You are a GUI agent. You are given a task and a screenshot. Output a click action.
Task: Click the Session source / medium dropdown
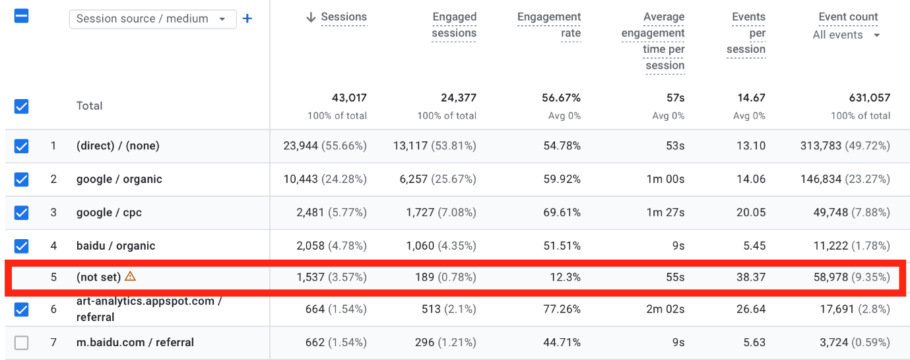pyautogui.click(x=152, y=19)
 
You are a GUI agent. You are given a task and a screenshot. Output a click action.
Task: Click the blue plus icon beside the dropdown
pyautogui.click(x=247, y=18)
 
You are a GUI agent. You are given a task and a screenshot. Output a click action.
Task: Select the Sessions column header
pyautogui.click(x=343, y=17)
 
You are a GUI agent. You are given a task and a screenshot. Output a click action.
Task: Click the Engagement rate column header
pyautogui.click(x=549, y=25)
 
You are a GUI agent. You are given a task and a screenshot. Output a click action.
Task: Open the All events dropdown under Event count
pyautogui.click(x=847, y=35)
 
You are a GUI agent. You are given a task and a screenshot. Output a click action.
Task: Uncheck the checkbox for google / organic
pyautogui.click(x=22, y=179)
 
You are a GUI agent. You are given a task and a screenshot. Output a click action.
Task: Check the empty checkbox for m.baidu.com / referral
pyautogui.click(x=22, y=343)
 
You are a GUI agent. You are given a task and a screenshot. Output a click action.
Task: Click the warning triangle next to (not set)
pyautogui.click(x=131, y=277)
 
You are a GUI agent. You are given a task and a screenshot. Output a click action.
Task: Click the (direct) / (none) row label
pyautogui.click(x=118, y=146)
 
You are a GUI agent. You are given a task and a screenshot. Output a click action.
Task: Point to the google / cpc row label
pyautogui.click(x=109, y=213)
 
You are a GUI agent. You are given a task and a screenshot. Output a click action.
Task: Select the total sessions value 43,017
pyautogui.click(x=349, y=98)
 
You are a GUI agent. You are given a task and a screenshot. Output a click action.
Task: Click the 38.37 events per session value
pyautogui.click(x=751, y=277)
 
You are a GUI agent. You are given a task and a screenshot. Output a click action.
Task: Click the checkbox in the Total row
pyautogui.click(x=22, y=106)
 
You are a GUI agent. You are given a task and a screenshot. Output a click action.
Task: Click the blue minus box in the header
pyautogui.click(x=22, y=17)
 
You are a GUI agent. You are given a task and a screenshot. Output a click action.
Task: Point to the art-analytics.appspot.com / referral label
pyautogui.click(x=149, y=309)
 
